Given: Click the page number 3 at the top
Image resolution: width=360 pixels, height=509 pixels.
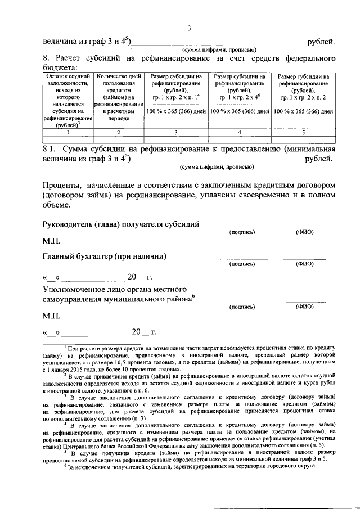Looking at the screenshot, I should point(189,29).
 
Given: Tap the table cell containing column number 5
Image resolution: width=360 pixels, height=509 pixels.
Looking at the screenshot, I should point(303,133).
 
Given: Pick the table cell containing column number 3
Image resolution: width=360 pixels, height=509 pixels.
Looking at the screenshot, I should point(175,133).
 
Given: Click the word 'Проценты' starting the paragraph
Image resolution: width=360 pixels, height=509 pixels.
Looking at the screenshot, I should point(61,186).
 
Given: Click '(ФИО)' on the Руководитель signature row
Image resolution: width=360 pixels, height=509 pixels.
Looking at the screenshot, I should point(304,232).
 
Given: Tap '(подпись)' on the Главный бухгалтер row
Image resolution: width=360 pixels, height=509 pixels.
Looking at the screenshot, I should point(242,263).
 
